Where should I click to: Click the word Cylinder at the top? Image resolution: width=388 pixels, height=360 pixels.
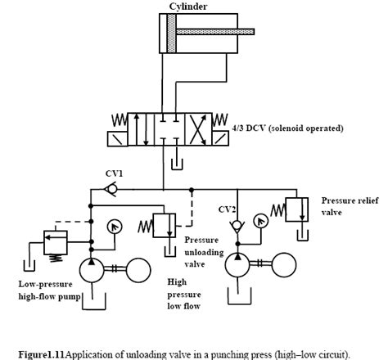[188, 7]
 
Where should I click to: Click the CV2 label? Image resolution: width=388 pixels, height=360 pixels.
[227, 209]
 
